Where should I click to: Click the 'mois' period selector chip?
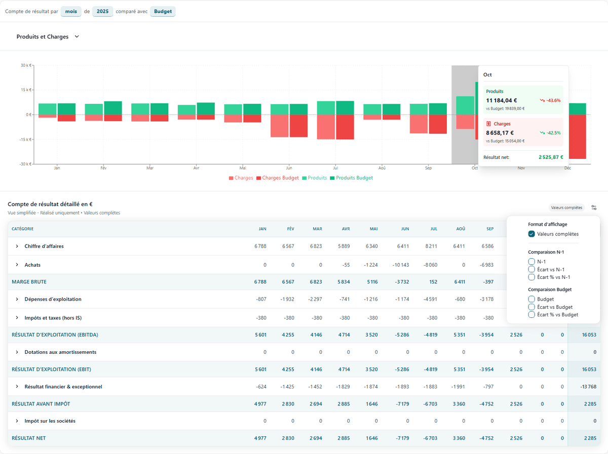click(x=71, y=11)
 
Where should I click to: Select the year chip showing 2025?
click(x=103, y=11)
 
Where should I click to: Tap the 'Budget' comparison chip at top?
click(x=163, y=11)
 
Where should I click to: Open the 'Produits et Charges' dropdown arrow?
click(x=77, y=36)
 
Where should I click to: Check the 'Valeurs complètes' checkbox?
click(x=531, y=234)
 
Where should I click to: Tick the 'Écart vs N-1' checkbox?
click(x=531, y=269)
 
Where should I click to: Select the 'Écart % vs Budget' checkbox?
click(x=531, y=314)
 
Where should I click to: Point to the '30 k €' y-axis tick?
click(x=26, y=65)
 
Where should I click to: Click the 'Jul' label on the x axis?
click(x=335, y=168)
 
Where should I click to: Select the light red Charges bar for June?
click(x=280, y=126)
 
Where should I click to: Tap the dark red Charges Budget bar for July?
click(x=345, y=127)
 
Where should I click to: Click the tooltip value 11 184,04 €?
click(x=502, y=100)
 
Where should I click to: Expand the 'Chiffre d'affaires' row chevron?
click(x=17, y=246)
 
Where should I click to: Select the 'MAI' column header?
click(x=373, y=229)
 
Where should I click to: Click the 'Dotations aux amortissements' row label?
click(x=60, y=352)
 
